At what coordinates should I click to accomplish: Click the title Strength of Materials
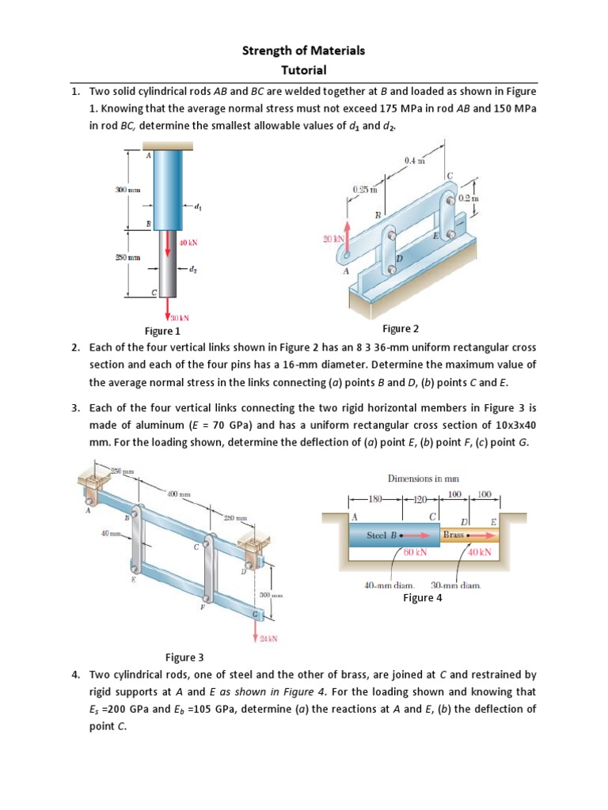pos(303,51)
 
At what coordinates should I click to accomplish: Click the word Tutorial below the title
pos(303,70)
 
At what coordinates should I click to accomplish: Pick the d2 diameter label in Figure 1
pos(194,270)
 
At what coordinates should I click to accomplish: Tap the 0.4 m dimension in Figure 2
pos(415,161)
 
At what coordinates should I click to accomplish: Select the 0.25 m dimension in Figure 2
pos(364,190)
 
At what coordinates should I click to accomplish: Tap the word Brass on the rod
pos(454,535)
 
